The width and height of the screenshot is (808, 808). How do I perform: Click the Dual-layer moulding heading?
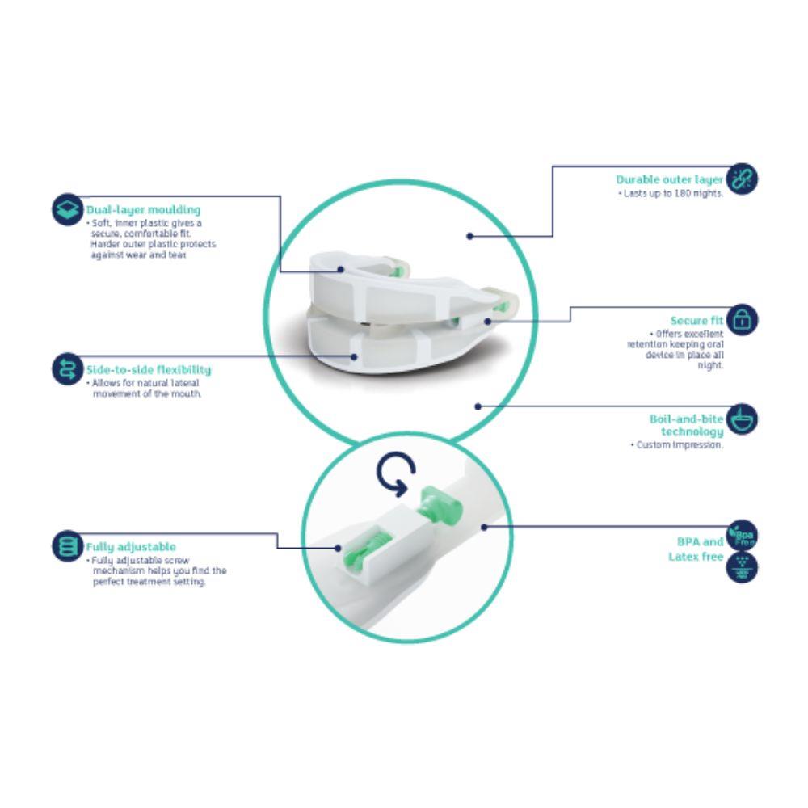point(143,210)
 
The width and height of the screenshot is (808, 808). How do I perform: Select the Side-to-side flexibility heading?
point(148,369)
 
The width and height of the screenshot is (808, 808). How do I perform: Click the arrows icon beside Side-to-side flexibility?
point(67,368)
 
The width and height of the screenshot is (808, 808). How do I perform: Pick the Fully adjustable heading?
point(133,547)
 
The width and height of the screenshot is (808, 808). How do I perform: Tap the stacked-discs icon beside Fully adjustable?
point(67,546)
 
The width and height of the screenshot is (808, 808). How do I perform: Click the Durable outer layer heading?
point(669,179)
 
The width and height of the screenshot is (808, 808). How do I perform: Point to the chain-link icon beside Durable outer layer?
point(743,179)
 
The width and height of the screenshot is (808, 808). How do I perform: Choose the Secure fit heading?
point(696,321)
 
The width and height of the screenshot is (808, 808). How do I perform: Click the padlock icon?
point(743,320)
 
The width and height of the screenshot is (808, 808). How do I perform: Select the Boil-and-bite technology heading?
point(687,425)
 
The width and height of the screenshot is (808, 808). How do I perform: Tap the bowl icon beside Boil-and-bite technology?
point(743,420)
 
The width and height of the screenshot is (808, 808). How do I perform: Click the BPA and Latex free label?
point(696,549)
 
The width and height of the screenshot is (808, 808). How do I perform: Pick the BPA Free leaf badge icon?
point(743,537)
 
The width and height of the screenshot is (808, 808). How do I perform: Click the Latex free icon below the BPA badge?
point(743,568)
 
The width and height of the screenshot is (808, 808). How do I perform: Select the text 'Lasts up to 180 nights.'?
point(671,194)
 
